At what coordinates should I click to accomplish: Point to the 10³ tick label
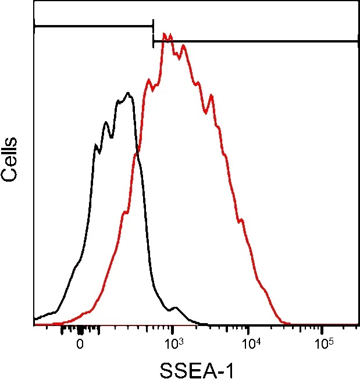click(173, 343)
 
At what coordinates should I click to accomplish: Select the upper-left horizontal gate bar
click(93, 26)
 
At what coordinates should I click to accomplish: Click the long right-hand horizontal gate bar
click(256, 41)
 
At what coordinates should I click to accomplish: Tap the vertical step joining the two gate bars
click(153, 34)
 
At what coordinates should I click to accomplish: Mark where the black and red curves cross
click(137, 153)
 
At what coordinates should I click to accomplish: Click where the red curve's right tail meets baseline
click(288, 323)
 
